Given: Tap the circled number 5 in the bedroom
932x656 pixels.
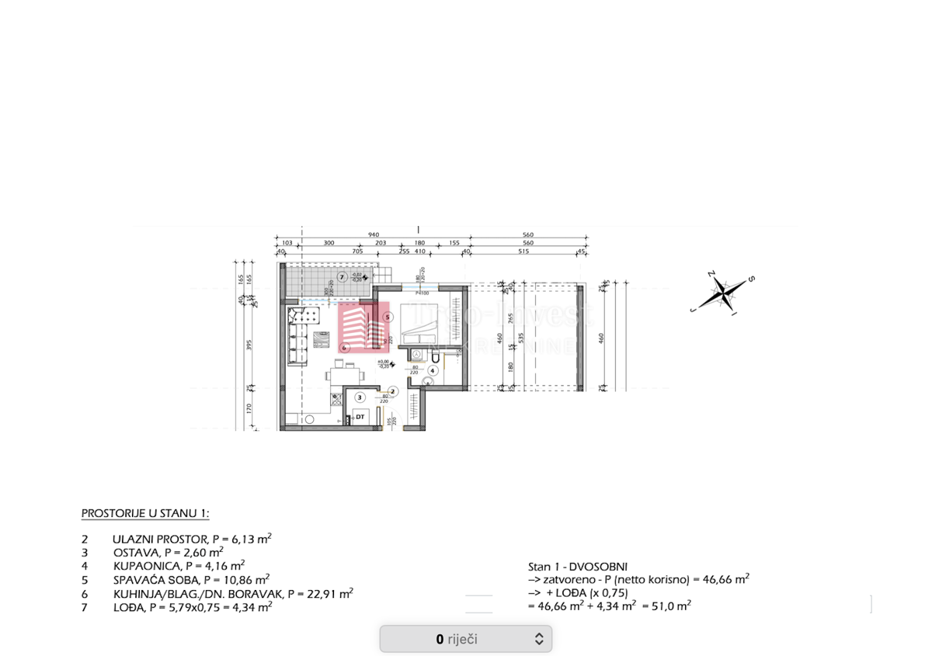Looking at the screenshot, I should [x=388, y=318].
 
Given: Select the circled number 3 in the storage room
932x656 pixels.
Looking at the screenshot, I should [x=360, y=397].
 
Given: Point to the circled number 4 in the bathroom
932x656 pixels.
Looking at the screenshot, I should [x=433, y=370].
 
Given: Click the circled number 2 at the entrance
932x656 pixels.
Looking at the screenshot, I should [x=393, y=392].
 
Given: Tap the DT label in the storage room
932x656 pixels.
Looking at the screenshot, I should [x=360, y=418].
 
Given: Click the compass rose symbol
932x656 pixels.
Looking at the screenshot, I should [x=723, y=292].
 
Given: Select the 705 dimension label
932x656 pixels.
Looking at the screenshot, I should [x=357, y=252].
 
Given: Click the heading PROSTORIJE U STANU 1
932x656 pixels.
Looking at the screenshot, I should [x=145, y=514].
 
